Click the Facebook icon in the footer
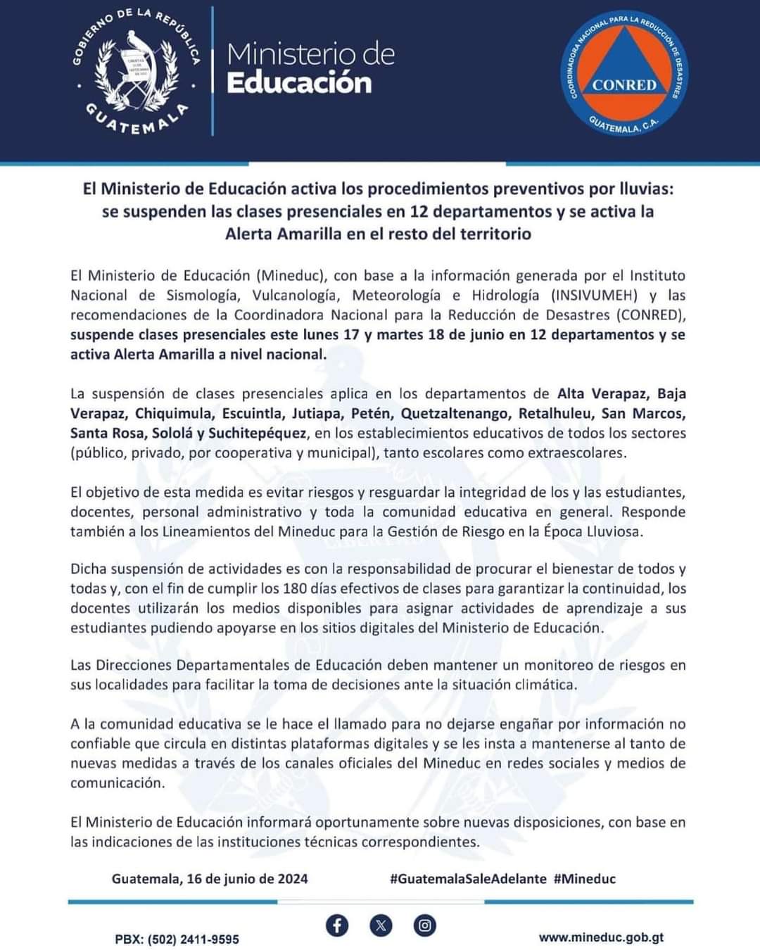point(337,925)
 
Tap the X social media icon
point(381,925)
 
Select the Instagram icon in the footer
point(424,925)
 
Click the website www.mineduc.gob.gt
point(602,937)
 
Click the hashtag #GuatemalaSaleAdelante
point(468,878)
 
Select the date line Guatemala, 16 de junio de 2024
point(210,878)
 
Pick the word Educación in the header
point(299,83)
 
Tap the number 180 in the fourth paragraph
point(295,588)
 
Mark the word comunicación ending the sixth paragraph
point(117,783)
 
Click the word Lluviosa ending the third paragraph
point(614,531)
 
